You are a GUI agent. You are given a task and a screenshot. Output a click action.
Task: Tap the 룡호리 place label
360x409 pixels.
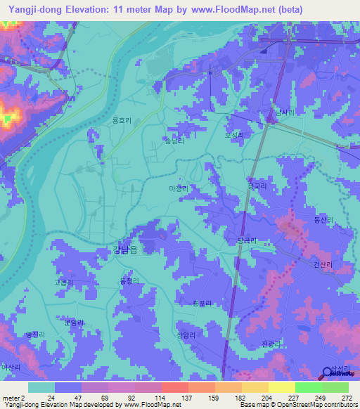[122, 120]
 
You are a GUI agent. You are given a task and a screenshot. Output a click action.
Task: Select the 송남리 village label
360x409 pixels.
[174, 141]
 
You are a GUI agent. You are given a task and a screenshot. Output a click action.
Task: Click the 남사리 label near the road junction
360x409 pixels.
[284, 112]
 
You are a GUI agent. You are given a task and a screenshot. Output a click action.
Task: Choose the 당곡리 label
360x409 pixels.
[245, 240]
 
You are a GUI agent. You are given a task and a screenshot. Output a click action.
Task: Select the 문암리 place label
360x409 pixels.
[73, 323]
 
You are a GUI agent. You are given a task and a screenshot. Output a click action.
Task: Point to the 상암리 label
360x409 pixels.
[186, 335]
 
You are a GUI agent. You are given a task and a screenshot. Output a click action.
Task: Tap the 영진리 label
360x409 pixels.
[34, 334]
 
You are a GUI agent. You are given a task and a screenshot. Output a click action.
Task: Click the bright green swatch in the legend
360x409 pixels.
[308, 387]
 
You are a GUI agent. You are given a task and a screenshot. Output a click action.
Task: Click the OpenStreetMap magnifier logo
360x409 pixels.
[327, 372]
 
